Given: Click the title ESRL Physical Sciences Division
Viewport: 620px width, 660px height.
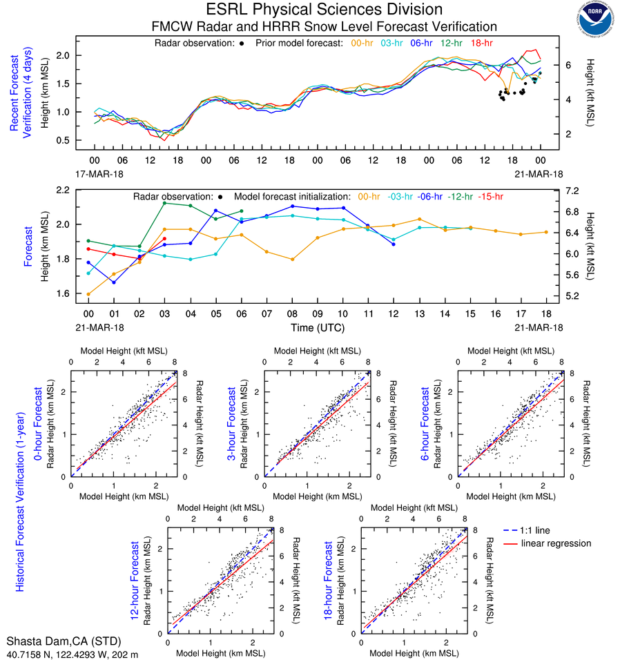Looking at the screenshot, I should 324,10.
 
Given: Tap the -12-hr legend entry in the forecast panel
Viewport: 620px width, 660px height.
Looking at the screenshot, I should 459,197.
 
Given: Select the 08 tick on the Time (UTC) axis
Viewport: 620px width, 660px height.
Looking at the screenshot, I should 292,313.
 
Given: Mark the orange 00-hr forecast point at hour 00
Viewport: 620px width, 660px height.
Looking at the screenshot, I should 88,294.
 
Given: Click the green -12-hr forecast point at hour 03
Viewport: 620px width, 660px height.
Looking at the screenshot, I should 164,203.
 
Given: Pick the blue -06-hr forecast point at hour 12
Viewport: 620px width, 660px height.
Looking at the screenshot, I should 394,244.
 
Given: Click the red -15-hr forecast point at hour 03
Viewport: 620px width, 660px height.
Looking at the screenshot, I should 164,239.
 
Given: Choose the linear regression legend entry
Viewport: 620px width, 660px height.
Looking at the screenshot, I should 556,543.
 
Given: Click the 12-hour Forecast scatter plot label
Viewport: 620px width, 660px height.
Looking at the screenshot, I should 142,579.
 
